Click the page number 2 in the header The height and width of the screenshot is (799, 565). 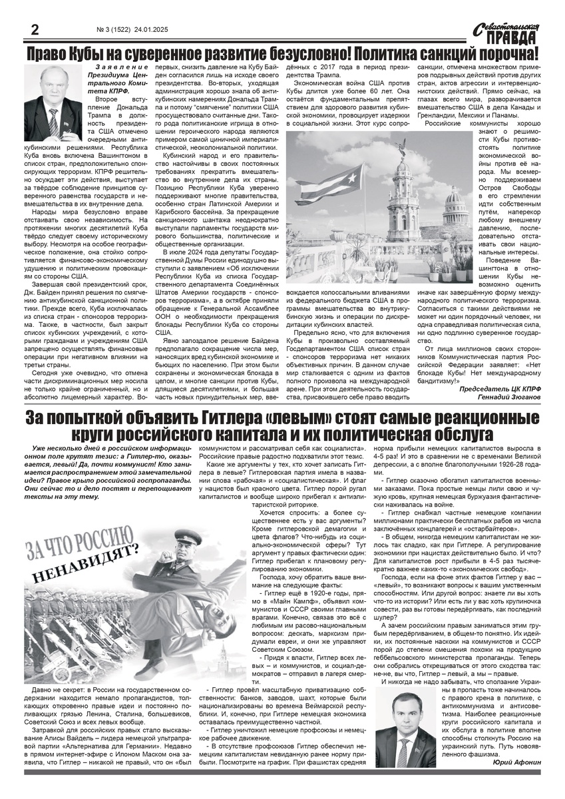31,29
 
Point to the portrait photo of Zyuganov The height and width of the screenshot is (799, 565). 51,97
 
